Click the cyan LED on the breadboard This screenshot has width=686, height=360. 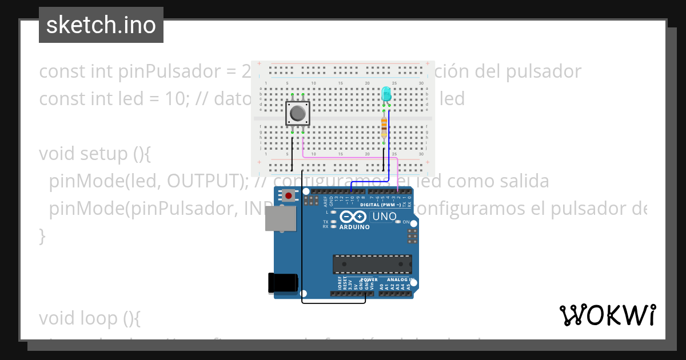pos(386,93)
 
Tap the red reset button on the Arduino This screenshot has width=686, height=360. pos(289,196)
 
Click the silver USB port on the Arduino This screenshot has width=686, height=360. pos(281,218)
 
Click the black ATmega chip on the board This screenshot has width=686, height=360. pos(372,264)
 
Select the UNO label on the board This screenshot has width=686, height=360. pos(384,217)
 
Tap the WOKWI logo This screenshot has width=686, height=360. pos(607,315)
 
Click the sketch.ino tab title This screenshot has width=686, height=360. pos(101,25)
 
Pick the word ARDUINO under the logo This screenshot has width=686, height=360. pos(354,227)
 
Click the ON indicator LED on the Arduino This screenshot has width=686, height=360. pos(399,222)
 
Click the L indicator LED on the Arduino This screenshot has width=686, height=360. pos(333,212)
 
